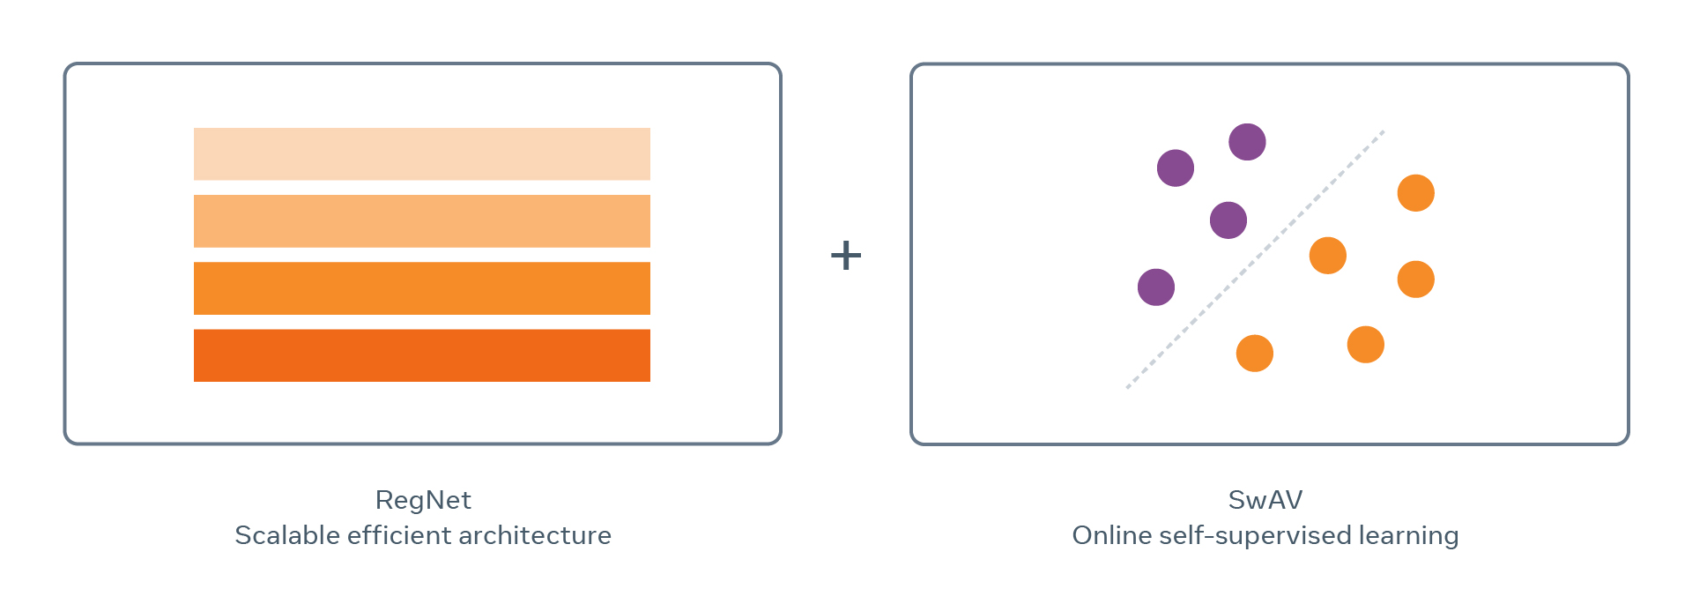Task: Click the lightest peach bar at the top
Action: [422, 154]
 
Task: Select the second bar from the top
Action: [422, 221]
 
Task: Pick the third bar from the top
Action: [422, 288]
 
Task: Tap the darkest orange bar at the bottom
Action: [422, 355]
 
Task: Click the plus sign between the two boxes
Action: [846, 256]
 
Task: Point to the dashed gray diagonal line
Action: [1255, 259]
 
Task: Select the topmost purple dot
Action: [1247, 142]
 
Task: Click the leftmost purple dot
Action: [1156, 287]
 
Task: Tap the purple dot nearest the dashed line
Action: [1228, 220]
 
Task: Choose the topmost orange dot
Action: [1416, 193]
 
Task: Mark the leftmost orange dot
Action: [1255, 354]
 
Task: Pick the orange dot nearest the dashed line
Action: [1328, 256]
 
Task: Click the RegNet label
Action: [423, 501]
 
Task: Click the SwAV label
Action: [1265, 501]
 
